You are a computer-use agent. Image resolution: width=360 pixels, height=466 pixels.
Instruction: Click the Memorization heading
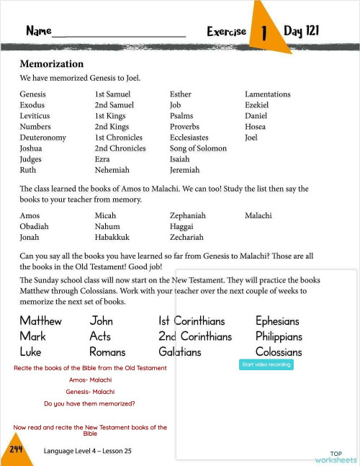[52, 63]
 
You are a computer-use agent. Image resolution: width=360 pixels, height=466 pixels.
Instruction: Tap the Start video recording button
[266, 365]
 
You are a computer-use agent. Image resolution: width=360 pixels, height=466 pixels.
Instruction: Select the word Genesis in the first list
[32, 94]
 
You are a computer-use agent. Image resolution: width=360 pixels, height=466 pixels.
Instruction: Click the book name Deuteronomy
[43, 138]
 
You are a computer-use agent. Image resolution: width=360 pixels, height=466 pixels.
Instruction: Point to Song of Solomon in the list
[198, 148]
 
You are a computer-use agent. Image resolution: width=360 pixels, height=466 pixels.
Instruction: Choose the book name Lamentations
[267, 94]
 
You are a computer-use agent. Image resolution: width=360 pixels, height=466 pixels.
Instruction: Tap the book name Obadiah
[35, 226]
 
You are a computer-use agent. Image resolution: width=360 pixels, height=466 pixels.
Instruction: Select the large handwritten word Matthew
[40, 321]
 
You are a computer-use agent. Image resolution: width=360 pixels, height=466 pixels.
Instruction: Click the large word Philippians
[279, 336]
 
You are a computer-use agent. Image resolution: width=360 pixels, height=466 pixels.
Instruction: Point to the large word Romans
[107, 352]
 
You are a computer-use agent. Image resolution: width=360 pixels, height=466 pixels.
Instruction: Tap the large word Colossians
[279, 352]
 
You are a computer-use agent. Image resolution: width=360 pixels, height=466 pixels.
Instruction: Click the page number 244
[16, 449]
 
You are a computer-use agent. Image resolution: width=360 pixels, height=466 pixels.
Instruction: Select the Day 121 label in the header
[301, 31]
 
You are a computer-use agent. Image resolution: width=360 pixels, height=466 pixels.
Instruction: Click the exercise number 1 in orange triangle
[265, 32]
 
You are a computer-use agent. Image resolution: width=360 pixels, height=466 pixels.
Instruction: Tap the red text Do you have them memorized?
[89, 403]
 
